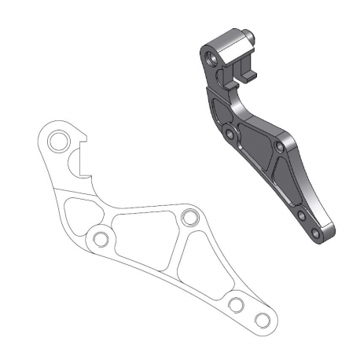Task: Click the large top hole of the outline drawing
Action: pos(57,143)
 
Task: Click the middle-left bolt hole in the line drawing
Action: pos(99,238)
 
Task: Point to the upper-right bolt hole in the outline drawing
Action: pos(188,217)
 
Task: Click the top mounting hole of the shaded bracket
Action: pos(211,59)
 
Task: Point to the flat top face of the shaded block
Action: pos(228,39)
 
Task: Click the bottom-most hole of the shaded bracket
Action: pos(314,233)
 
